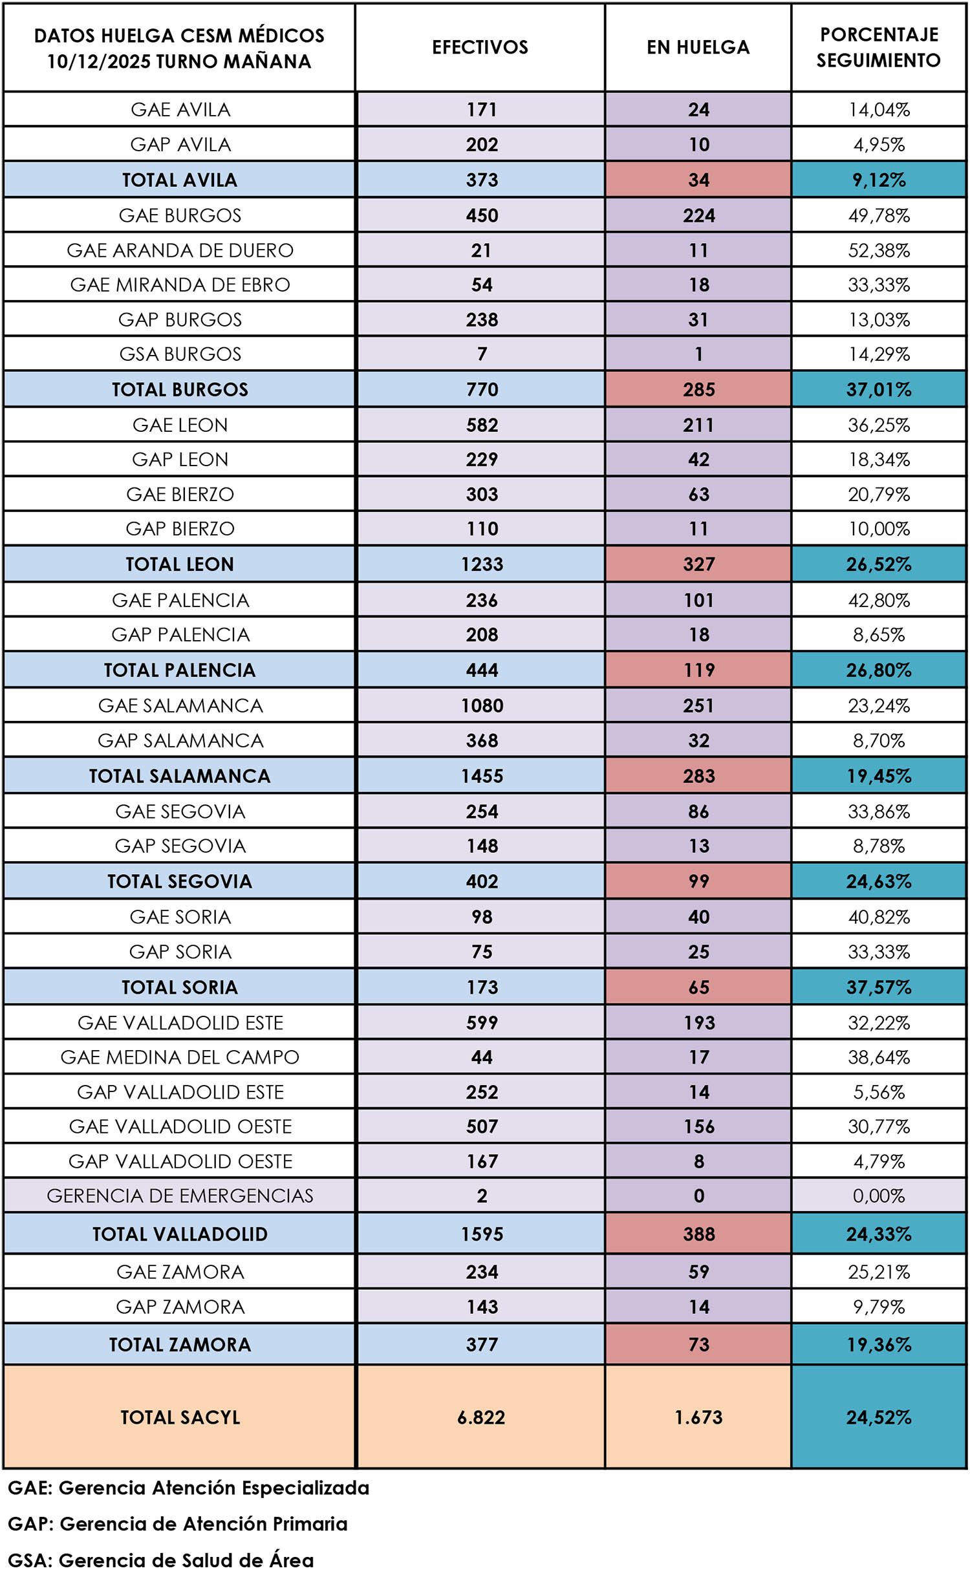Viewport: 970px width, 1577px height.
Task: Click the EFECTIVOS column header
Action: pos(480,47)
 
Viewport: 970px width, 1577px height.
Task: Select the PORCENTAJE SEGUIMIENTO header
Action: pos(878,47)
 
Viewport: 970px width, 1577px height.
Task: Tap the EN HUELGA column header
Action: pos(698,47)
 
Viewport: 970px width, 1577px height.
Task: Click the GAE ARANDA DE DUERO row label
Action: pos(180,250)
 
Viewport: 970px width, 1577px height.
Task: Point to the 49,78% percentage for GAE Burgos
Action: pos(878,215)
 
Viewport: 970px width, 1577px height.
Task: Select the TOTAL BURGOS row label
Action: pos(180,389)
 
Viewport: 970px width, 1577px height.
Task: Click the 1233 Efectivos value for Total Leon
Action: pos(482,564)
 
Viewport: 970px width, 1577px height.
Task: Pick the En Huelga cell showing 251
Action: pos(698,705)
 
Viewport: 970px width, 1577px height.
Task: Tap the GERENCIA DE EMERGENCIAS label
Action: pos(180,1196)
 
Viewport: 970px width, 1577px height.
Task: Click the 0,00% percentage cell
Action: pos(878,1196)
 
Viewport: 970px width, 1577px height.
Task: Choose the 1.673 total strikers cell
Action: pos(698,1417)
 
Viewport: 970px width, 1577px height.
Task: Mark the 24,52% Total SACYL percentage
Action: pos(878,1417)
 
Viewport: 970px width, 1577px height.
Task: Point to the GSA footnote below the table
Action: pos(160,1560)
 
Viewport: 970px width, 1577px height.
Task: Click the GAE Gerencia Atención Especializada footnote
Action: pos(188,1488)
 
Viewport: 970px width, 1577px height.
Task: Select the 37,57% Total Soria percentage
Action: pos(878,987)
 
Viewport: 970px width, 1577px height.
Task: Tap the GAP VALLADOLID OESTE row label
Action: pos(180,1161)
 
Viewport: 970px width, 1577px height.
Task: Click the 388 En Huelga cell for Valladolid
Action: pos(698,1234)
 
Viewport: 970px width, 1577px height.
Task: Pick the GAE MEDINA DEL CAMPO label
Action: pos(180,1057)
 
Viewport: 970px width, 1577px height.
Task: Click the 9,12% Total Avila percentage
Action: pos(878,180)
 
